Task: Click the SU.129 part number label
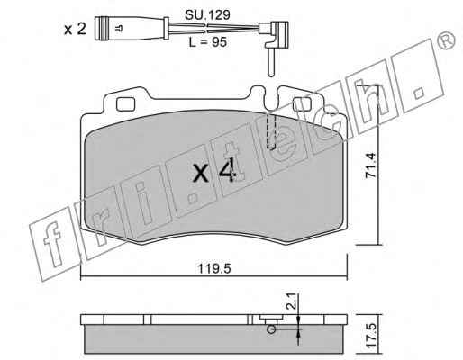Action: tap(207, 14)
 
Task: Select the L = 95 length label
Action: tap(207, 42)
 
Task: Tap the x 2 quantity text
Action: tap(75, 30)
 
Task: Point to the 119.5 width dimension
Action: tap(214, 269)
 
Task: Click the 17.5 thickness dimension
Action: tap(371, 336)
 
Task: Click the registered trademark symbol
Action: tap(445, 40)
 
